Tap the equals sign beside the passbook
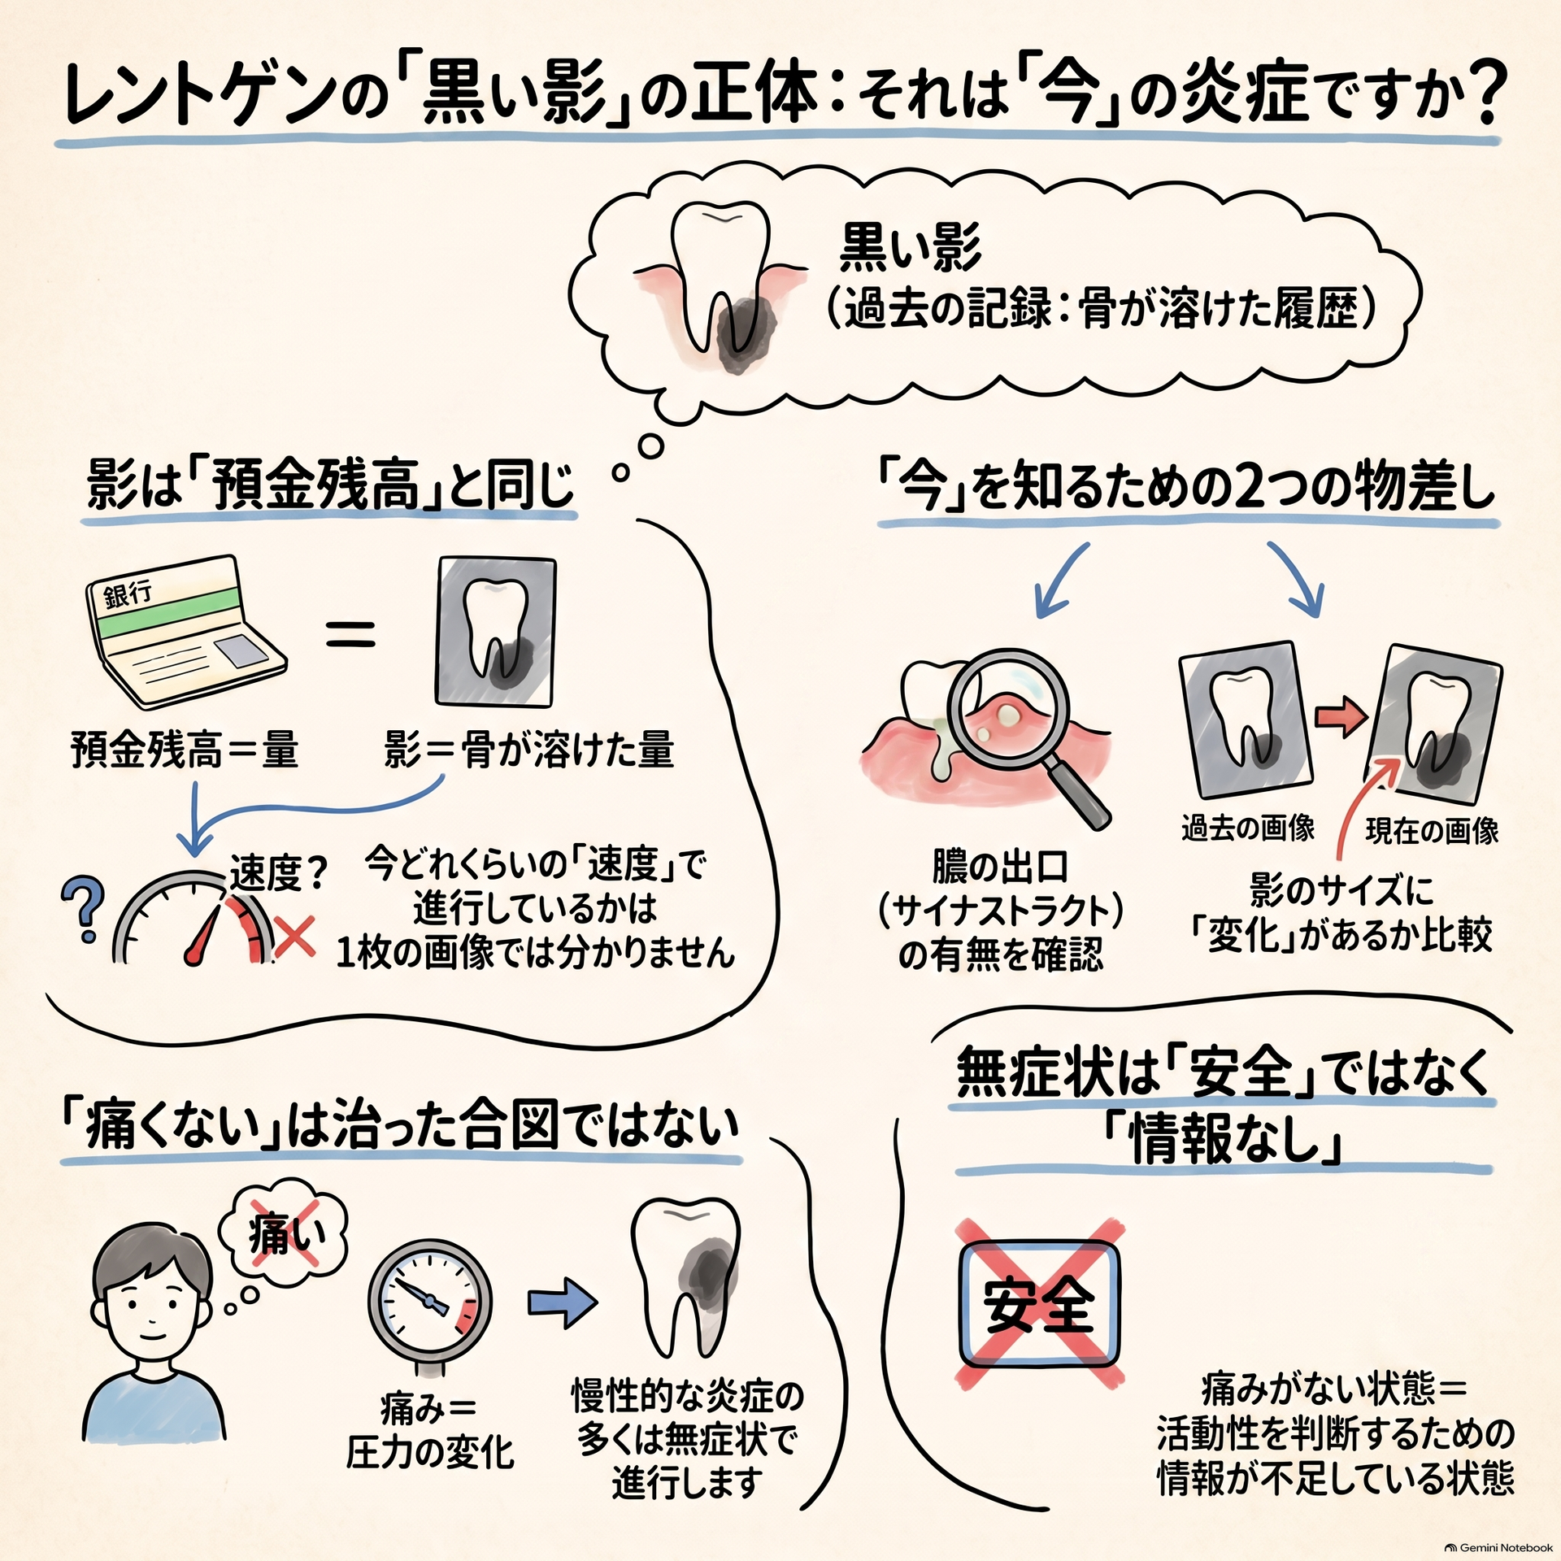coord(351,633)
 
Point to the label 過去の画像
coord(1248,828)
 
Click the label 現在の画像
coord(1432,831)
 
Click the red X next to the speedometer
coord(295,936)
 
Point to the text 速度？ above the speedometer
coord(278,874)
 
